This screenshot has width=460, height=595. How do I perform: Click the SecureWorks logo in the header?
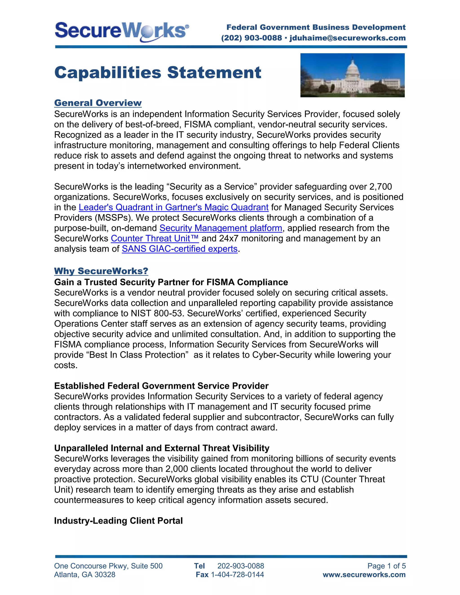click(x=122, y=32)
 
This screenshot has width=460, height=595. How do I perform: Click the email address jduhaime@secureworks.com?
click(x=347, y=38)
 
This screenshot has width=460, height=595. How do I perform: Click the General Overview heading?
click(x=98, y=103)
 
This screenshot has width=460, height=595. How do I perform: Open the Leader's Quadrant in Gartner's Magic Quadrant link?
click(x=174, y=207)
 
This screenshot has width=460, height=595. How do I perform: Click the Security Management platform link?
click(x=221, y=228)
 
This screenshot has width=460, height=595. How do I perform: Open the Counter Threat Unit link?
click(x=155, y=238)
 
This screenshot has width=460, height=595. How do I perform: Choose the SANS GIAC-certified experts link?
click(x=180, y=249)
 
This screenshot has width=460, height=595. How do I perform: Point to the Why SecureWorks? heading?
click(x=101, y=271)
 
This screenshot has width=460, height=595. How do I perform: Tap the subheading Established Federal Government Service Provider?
click(x=161, y=386)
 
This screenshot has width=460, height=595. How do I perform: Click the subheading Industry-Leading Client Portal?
click(x=118, y=521)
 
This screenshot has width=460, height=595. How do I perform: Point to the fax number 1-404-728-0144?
click(x=237, y=575)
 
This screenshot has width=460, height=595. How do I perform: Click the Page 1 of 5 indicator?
click(x=386, y=566)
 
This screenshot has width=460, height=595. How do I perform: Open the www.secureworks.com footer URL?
click(x=364, y=575)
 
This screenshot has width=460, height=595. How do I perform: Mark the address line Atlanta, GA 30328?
click(x=85, y=575)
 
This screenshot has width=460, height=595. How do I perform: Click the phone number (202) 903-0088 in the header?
click(x=251, y=38)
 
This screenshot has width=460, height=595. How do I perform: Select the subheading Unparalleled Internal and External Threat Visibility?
click(x=161, y=448)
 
